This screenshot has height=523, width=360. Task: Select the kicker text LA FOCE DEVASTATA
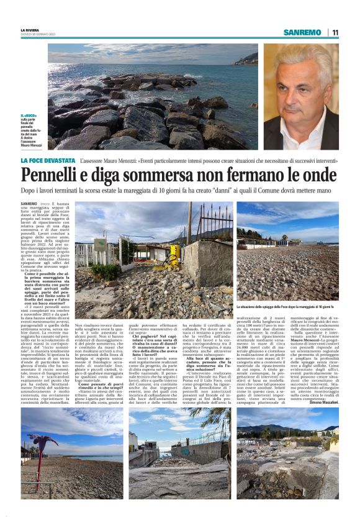tap(47, 160)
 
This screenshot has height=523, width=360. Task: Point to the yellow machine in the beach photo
tap(175, 254)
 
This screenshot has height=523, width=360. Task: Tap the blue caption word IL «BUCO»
tap(29, 116)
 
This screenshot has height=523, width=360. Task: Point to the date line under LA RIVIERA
tap(38, 34)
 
